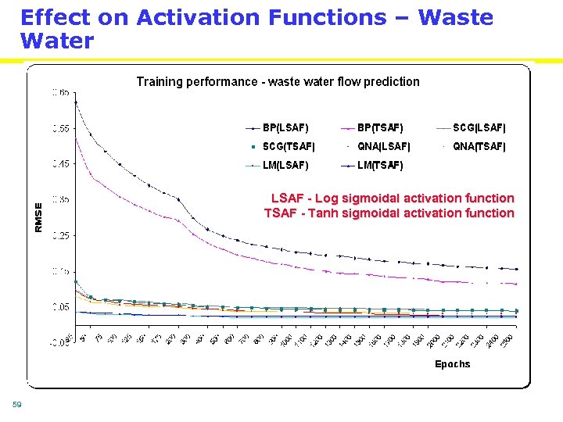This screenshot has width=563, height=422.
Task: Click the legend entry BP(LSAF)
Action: [x=285, y=127]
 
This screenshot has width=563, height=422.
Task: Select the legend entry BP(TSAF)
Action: [x=380, y=127]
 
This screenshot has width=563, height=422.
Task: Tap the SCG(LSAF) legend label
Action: [x=479, y=127]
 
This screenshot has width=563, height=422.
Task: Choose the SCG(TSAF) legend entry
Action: [x=289, y=146]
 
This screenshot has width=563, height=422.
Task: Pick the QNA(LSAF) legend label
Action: [x=383, y=146]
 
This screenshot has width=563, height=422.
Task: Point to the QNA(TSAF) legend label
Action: [x=479, y=146]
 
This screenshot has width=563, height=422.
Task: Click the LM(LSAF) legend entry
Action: [x=285, y=165]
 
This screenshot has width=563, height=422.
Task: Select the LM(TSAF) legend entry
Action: [x=380, y=165]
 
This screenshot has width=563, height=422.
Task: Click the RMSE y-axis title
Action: [x=39, y=216]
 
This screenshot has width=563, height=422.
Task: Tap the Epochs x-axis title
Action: [x=452, y=364]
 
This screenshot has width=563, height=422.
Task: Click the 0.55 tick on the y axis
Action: [x=60, y=128]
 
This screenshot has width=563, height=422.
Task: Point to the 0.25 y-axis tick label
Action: [x=60, y=235]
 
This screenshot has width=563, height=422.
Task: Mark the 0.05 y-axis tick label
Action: [x=60, y=307]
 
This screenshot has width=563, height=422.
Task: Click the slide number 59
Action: [x=16, y=404]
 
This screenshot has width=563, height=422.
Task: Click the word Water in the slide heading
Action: [x=56, y=41]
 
